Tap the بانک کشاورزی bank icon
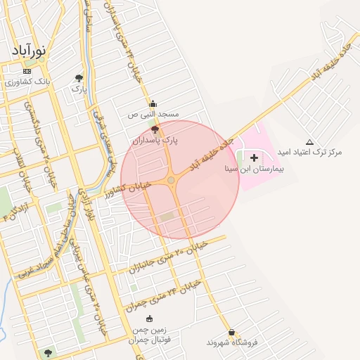[27, 71]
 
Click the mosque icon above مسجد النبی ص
[153, 104]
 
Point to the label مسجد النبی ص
[153, 114]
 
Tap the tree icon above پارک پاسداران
[155, 129]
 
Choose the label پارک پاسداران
[155, 141]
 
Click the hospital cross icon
[254, 157]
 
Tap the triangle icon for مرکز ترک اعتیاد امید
[310, 141]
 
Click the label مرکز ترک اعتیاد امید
[310, 152]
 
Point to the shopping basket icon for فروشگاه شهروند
[232, 332]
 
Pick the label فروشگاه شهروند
[232, 342]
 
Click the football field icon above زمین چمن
[148, 319]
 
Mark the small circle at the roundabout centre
[171, 181]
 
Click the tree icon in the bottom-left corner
[48, 353]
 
